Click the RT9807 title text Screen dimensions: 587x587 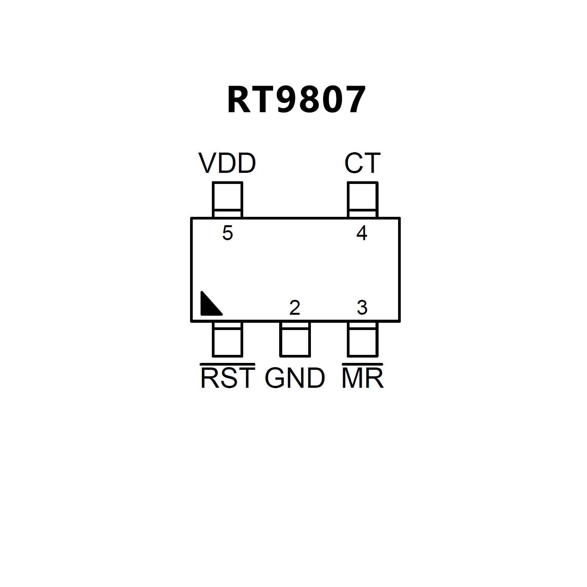[297, 100]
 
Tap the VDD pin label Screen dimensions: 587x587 [227, 163]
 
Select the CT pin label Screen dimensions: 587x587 [362, 163]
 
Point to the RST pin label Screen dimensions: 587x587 [228, 378]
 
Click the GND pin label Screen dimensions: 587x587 [295, 378]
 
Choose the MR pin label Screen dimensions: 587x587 [362, 378]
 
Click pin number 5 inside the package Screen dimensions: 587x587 [228, 233]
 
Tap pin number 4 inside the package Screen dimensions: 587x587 [362, 233]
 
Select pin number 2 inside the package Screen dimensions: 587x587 [294, 308]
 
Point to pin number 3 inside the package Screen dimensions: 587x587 [362, 308]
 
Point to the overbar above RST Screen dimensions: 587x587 [228, 364]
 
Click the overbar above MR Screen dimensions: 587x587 [362, 364]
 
